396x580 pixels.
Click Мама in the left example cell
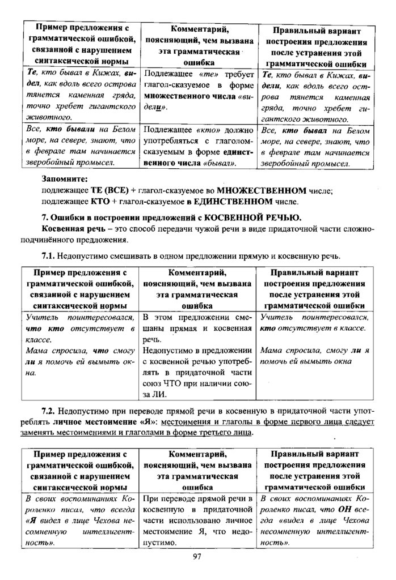(37, 351)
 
